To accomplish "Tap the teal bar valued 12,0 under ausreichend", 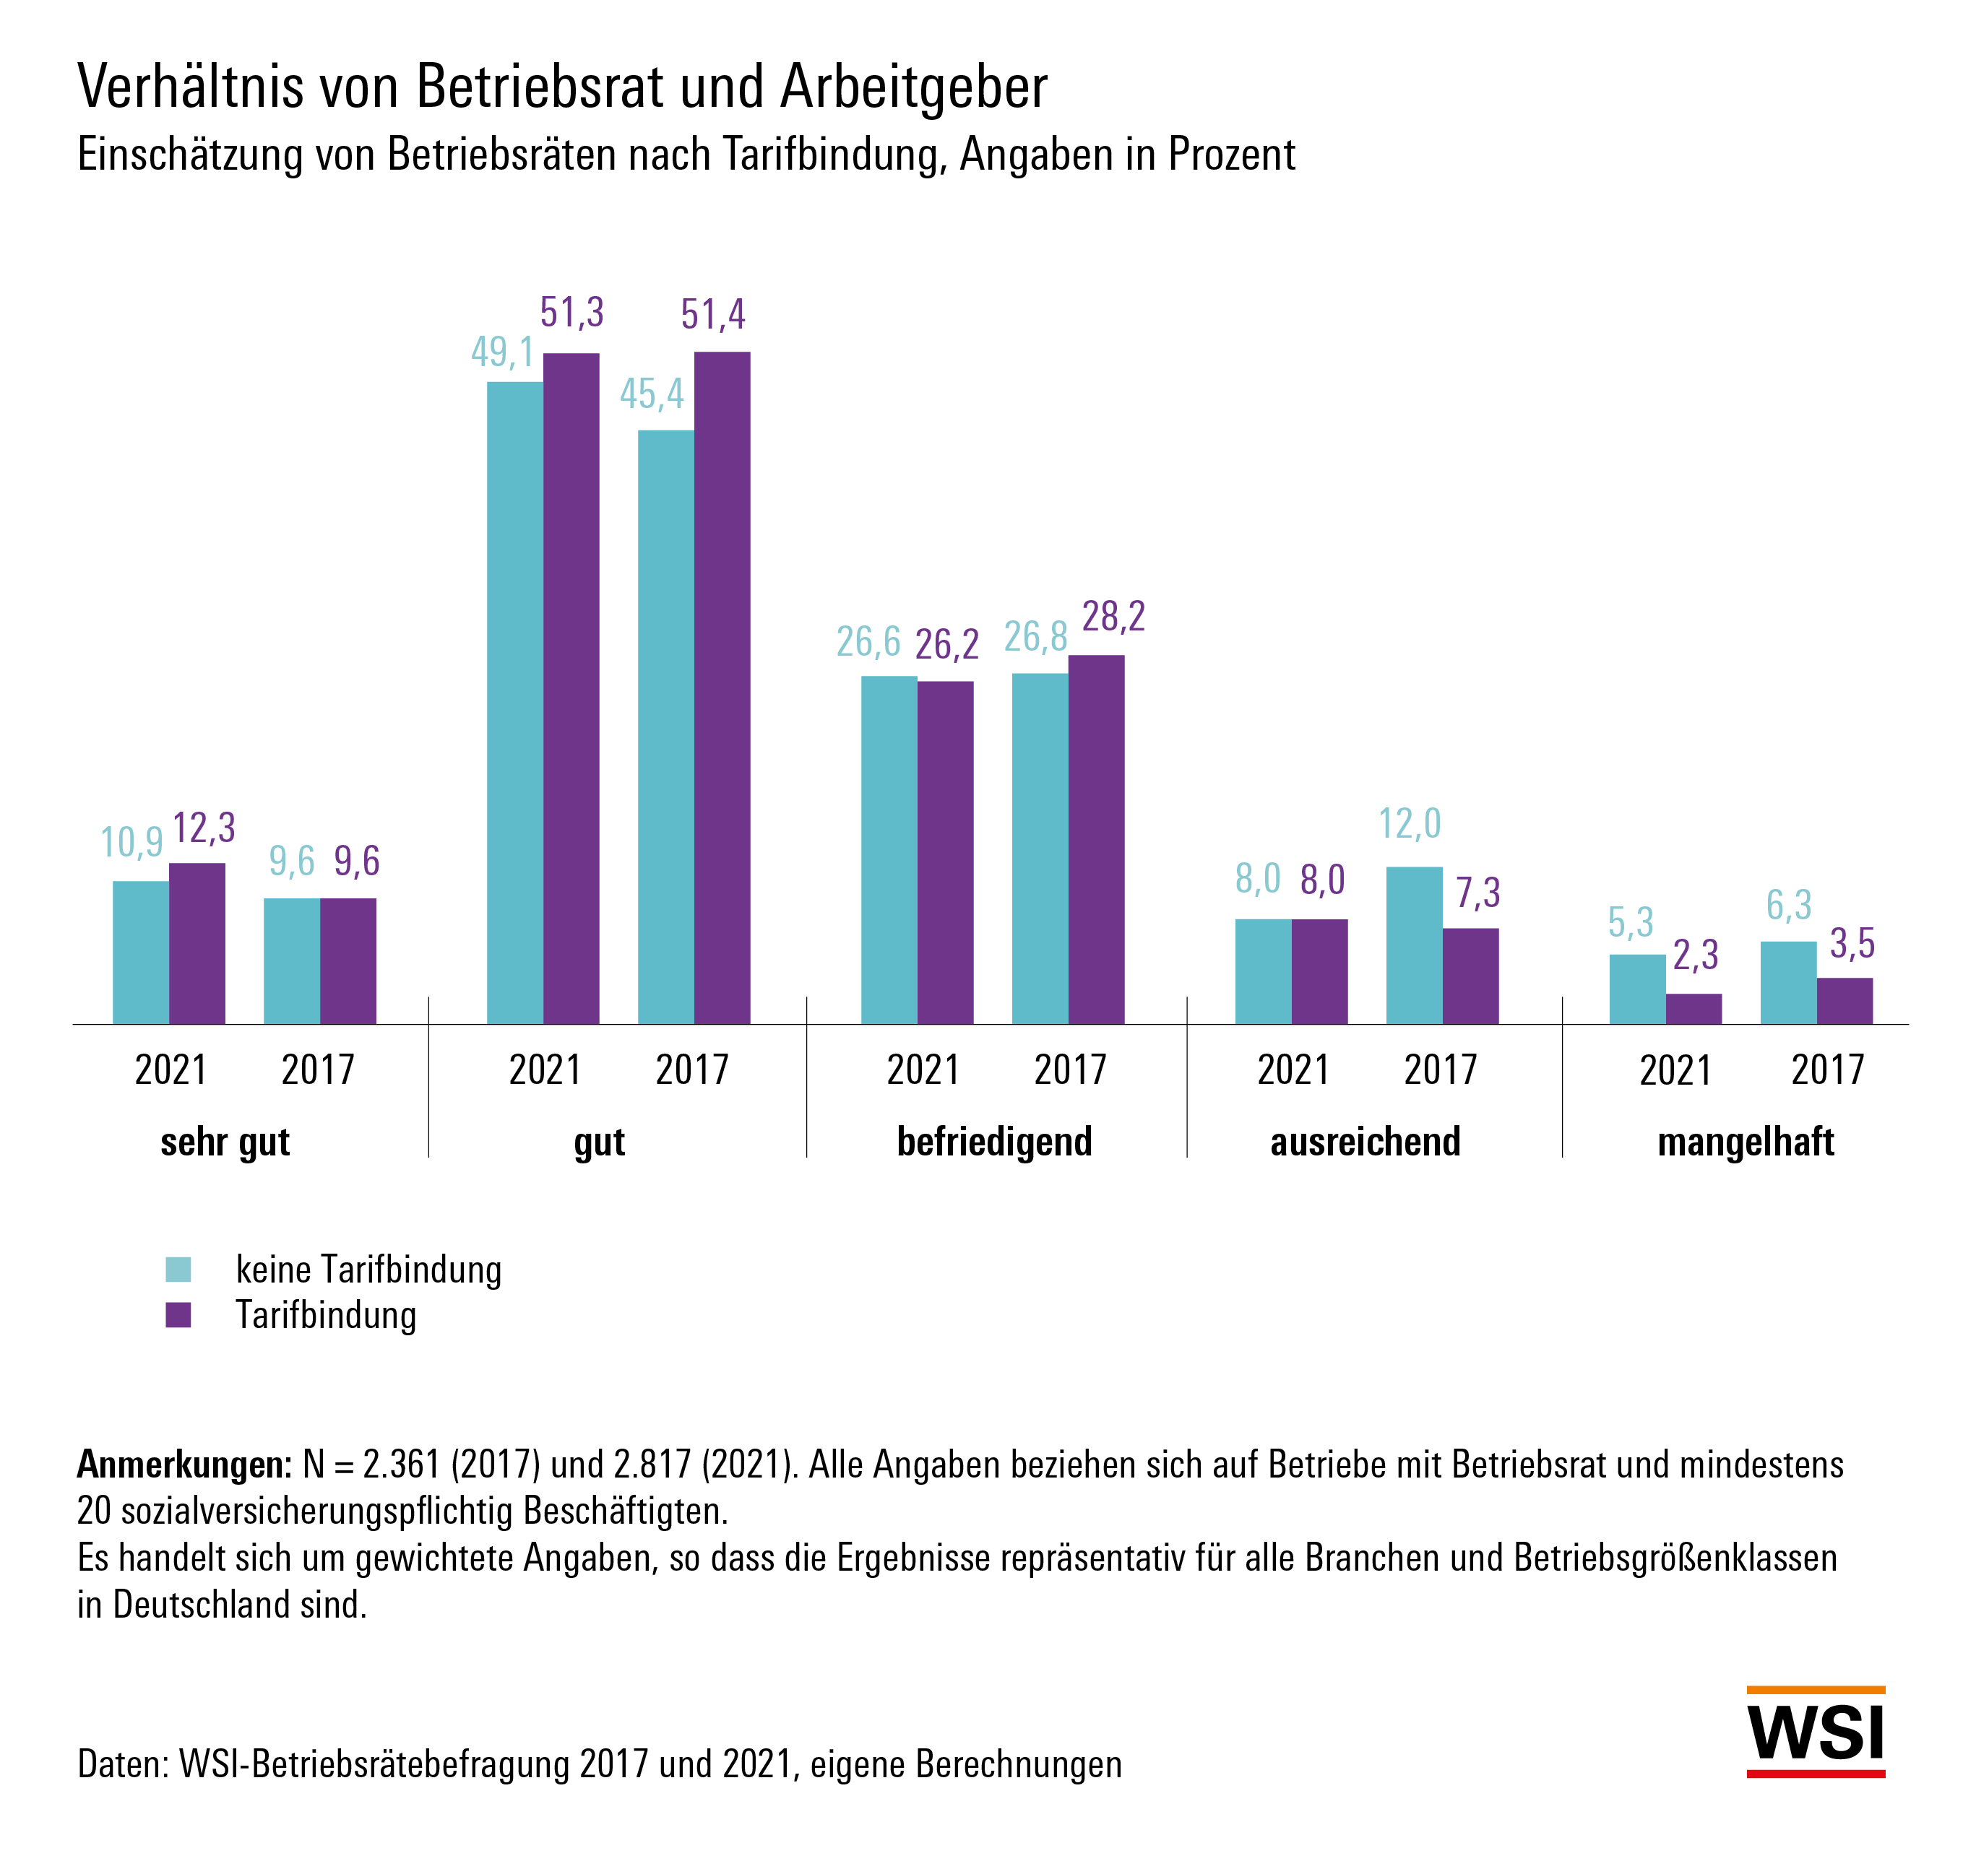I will pyautogui.click(x=1413, y=945).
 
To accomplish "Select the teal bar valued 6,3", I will pyautogui.click(x=1787, y=982).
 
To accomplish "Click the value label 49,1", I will pyautogui.click(x=502, y=352).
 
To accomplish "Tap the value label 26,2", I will pyautogui.click(x=946, y=645).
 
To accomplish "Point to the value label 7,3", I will pyautogui.click(x=1477, y=893).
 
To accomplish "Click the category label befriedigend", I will pyautogui.click(x=993, y=1142).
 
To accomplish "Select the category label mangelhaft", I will pyautogui.click(x=1745, y=1142).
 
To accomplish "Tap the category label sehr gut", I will pyautogui.click(x=225, y=1142).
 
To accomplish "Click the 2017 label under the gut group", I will pyautogui.click(x=691, y=1070).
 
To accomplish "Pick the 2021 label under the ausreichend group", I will pyautogui.click(x=1292, y=1070).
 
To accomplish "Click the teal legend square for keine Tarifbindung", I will pyautogui.click(x=178, y=1270).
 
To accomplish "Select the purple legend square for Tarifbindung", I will pyautogui.click(x=178, y=1315).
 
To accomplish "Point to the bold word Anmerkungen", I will pyautogui.click(x=184, y=1465).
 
